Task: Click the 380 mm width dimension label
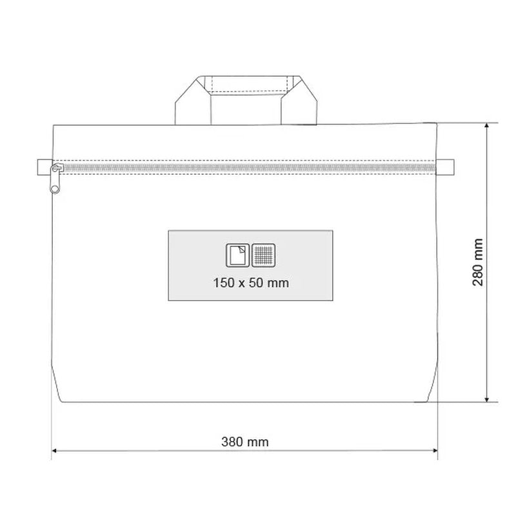click(245, 442)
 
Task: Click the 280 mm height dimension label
click(477, 263)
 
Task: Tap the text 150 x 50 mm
click(251, 283)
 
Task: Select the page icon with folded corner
click(237, 255)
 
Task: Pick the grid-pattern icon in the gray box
click(264, 255)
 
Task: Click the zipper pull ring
click(55, 189)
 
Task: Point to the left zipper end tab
click(45, 167)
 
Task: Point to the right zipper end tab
click(445, 167)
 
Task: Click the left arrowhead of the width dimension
click(55, 450)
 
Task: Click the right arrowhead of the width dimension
click(434, 450)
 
